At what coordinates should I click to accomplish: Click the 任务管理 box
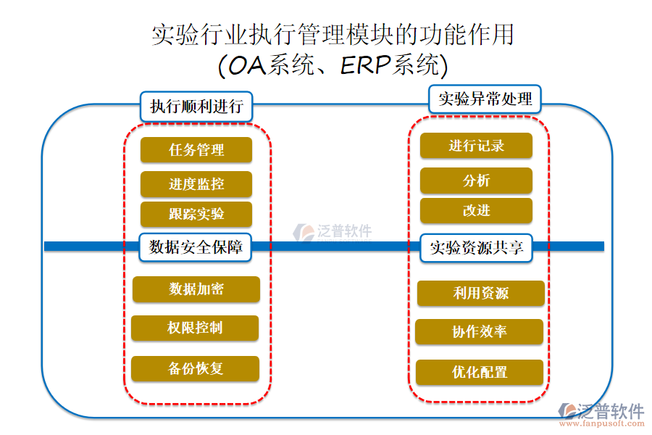[x=196, y=150]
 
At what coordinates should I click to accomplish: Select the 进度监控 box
[x=196, y=184]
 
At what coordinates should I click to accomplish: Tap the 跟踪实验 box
[x=196, y=215]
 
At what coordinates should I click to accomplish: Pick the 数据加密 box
[x=196, y=289]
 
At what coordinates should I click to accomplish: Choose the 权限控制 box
[x=196, y=328]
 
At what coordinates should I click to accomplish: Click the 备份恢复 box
[x=196, y=368]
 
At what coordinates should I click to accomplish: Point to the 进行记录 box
[x=476, y=146]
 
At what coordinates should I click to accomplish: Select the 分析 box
[x=476, y=181]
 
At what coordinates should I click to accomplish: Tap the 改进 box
[x=476, y=210]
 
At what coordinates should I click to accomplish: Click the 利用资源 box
[x=480, y=293]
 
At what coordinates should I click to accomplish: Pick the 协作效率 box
[x=479, y=331]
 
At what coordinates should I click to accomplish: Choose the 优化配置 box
[x=479, y=372]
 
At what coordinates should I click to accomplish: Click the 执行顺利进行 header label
[x=196, y=107]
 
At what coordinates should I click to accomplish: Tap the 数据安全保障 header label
[x=196, y=247]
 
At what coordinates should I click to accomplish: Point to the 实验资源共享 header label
[x=476, y=247]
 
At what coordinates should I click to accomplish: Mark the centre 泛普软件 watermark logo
[x=333, y=232]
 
